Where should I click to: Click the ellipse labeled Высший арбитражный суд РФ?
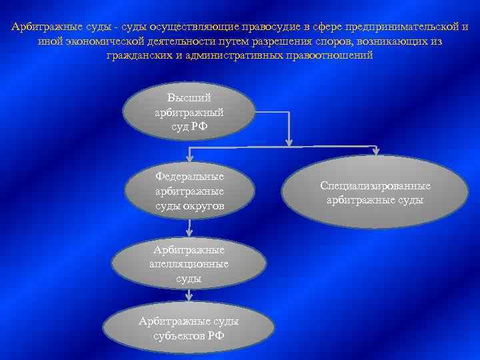coord(189,111)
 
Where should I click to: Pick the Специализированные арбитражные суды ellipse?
coord(375,193)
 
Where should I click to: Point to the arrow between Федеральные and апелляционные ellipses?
coord(189,227)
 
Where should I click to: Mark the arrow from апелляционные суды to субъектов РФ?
coord(189,299)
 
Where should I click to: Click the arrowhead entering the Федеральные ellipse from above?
coord(189,157)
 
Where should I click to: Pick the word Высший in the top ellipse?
coord(189,99)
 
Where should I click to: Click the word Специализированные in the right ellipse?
coord(375,186)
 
